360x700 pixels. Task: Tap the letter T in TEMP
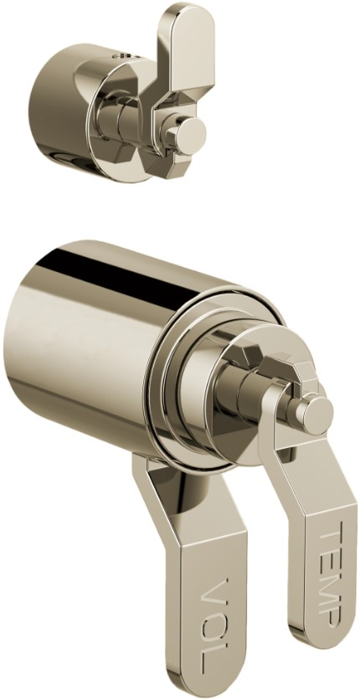click(x=331, y=532)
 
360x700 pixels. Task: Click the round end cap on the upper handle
click(x=189, y=133)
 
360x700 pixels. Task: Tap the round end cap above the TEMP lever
click(x=315, y=415)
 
